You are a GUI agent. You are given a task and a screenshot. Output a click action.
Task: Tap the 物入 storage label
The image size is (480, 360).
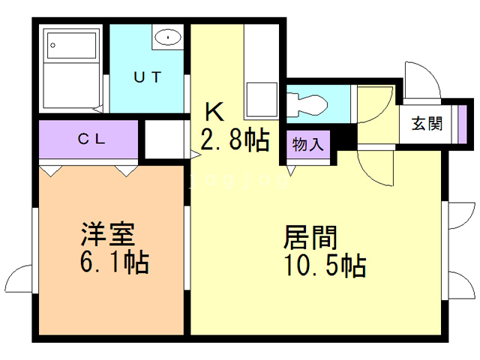[x=308, y=142]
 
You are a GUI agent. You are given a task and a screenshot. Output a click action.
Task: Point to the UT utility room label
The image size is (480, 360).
[x=148, y=76]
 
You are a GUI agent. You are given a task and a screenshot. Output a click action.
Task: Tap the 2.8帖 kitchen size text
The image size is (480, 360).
[x=233, y=140]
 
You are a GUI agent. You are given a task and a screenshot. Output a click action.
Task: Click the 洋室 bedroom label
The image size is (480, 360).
[x=108, y=235]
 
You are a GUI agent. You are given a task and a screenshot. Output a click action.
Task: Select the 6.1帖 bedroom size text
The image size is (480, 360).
[x=115, y=262]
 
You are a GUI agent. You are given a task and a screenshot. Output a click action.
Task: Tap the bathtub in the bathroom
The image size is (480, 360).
[x=70, y=69]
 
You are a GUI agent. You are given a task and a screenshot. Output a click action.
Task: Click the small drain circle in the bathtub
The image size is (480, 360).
[x=54, y=46]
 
